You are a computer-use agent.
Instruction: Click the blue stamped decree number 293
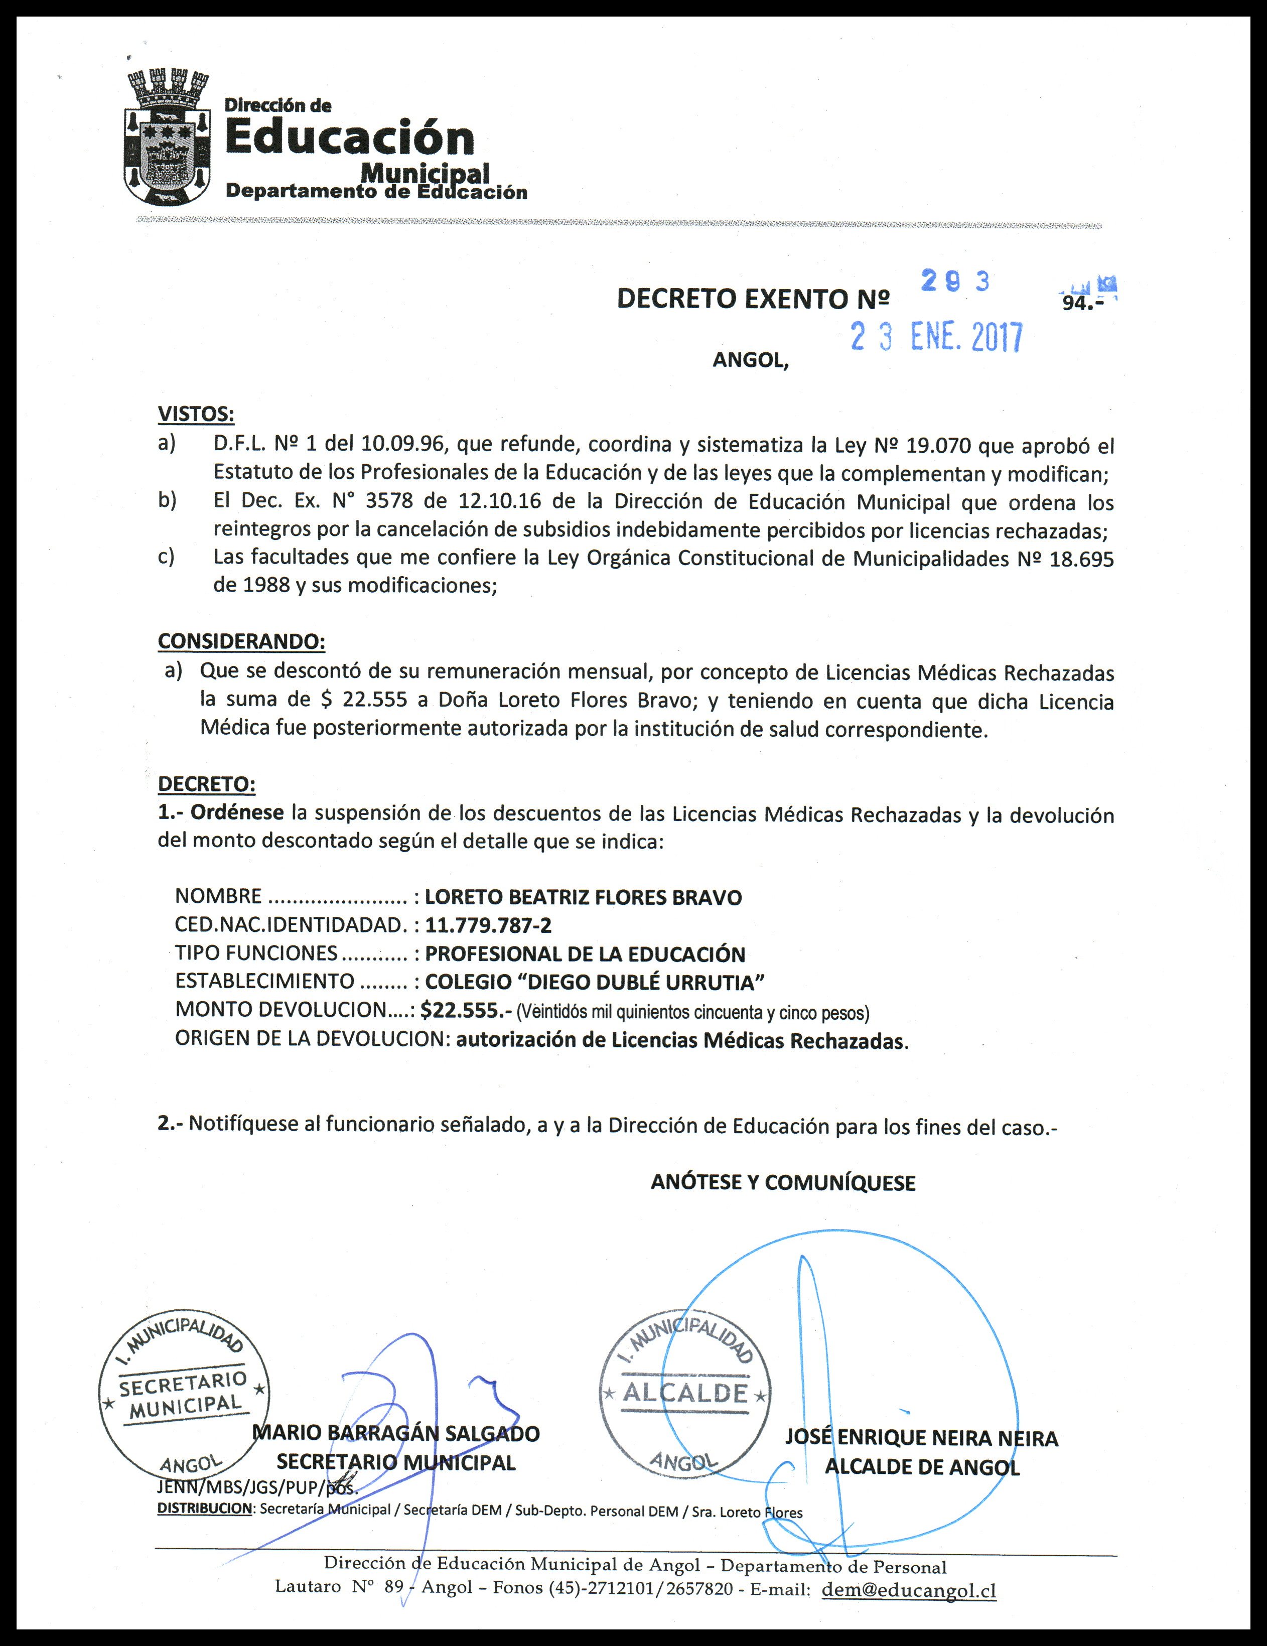[955, 282]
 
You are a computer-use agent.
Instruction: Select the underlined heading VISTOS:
[196, 414]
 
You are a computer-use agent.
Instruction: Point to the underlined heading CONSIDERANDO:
[241, 641]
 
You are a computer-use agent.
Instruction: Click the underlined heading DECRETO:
[207, 784]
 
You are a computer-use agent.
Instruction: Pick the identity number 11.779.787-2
[488, 925]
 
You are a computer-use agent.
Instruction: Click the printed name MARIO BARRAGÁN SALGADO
[396, 1433]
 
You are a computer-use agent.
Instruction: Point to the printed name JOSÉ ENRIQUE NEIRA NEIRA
[922, 1438]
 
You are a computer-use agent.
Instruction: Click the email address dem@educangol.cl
[909, 1591]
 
